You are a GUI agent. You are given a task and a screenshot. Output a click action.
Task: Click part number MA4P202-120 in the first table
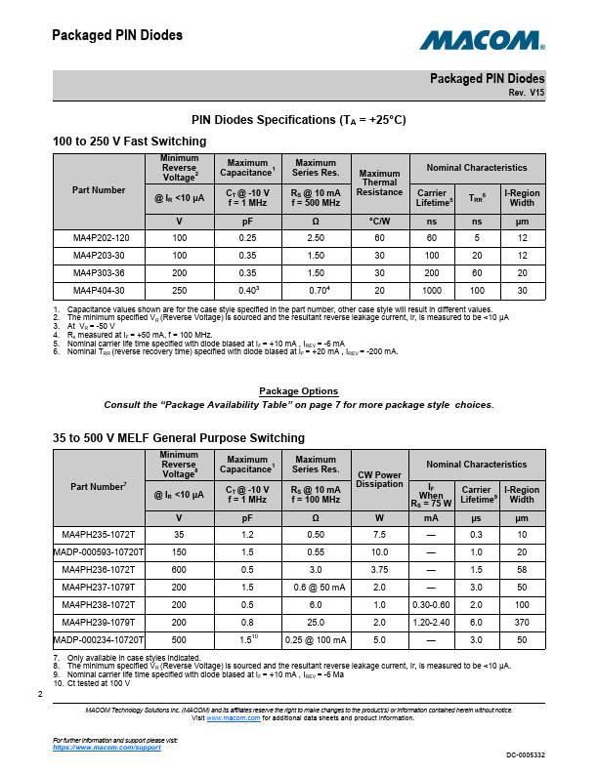[x=100, y=238]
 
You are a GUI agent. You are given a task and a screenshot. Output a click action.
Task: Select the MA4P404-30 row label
[x=100, y=291]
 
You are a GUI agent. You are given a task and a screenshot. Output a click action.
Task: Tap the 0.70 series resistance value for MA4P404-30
[x=315, y=291]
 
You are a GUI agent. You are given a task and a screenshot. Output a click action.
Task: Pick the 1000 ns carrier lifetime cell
[x=432, y=291]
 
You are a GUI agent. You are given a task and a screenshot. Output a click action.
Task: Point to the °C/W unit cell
[x=379, y=222]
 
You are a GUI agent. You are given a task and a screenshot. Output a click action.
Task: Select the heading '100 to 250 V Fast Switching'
[x=129, y=142]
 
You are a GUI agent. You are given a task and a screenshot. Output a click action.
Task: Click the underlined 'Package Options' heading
[x=298, y=391]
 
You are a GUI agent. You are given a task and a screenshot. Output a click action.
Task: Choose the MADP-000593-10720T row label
[x=99, y=552]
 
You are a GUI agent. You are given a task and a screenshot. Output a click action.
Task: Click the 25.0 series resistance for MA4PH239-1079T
[x=315, y=623]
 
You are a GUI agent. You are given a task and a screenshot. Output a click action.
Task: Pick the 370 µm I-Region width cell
[x=522, y=623]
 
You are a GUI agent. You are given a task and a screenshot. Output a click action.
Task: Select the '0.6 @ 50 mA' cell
[x=315, y=588]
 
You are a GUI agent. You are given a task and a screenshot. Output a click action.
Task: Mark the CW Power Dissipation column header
[x=379, y=480]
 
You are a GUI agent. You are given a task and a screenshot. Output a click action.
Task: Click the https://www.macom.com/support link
[x=107, y=747]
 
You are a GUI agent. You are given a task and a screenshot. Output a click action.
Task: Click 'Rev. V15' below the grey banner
[x=527, y=92]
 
